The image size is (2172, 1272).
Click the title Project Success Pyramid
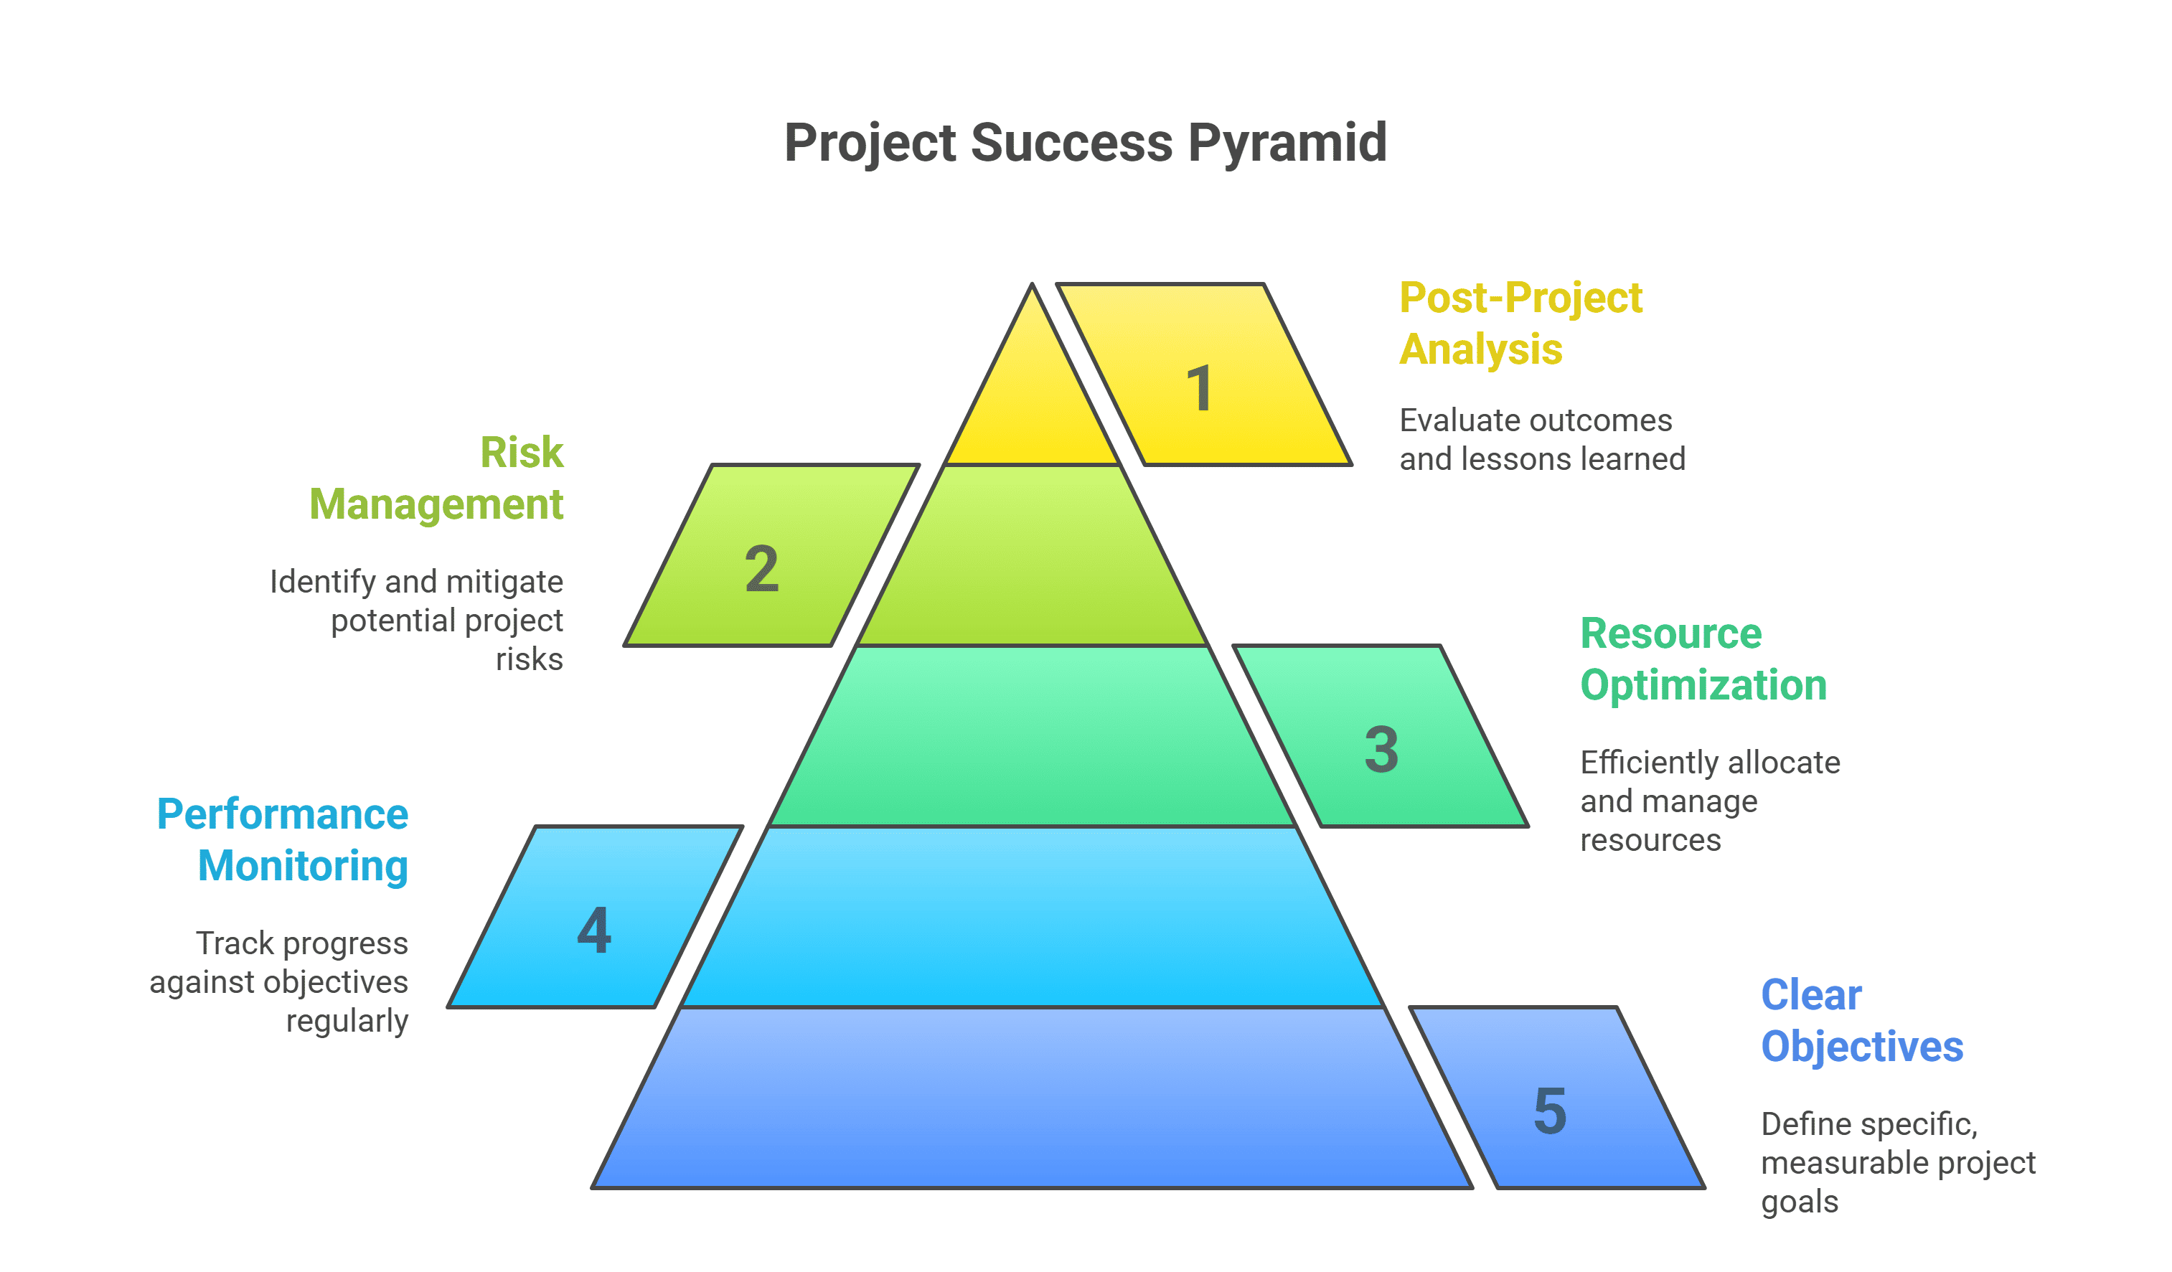point(1085,142)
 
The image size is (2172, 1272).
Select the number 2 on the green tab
point(762,569)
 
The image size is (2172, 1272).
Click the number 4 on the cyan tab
point(595,930)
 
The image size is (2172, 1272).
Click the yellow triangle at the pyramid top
point(1032,397)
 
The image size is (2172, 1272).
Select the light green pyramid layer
point(1032,556)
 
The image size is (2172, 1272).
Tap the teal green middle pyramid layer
point(1032,737)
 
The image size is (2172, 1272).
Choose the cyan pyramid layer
point(1032,917)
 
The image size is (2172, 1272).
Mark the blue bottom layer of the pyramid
point(1032,1098)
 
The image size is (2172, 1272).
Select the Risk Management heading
point(436,479)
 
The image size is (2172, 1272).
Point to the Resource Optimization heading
point(1703,660)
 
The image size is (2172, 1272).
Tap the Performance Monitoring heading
point(282,841)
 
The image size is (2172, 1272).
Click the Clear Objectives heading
point(1862,1021)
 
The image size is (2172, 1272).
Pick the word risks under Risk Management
point(530,660)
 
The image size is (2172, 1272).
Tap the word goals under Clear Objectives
point(1800,1203)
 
